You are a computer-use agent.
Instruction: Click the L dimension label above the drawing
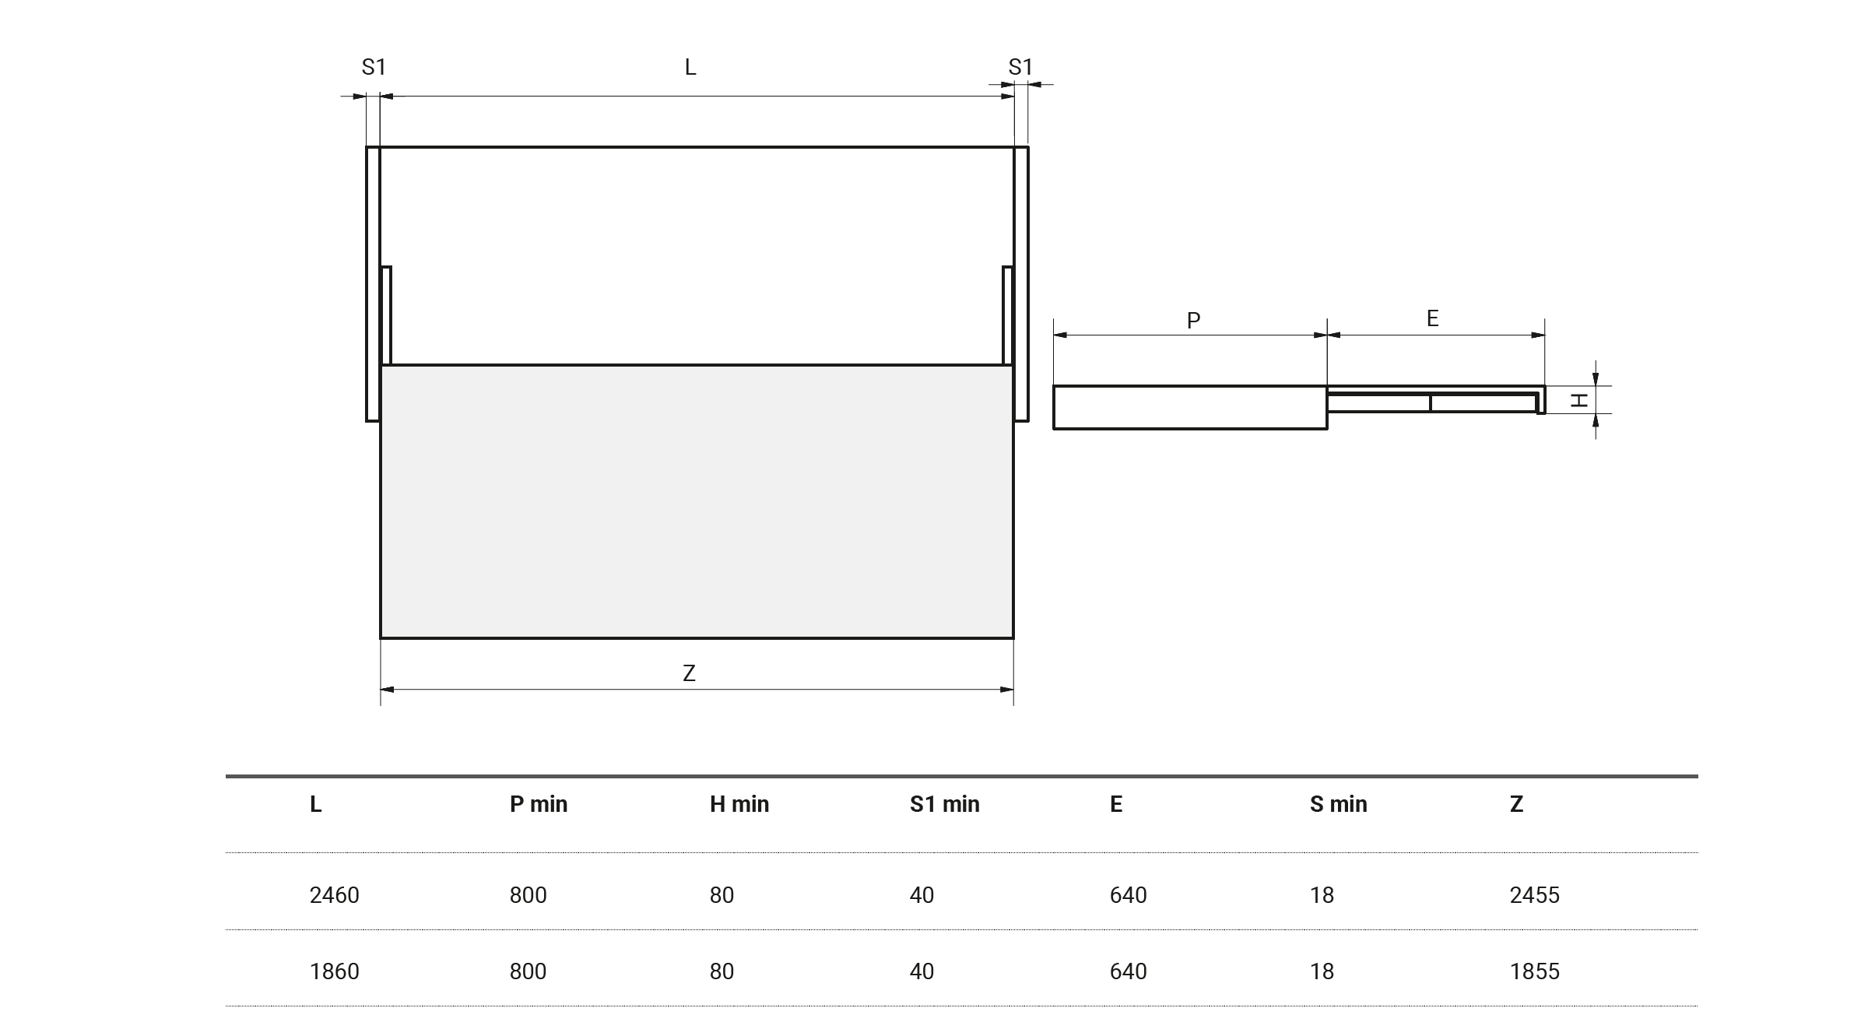tap(690, 68)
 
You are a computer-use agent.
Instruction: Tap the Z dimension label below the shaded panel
tap(689, 673)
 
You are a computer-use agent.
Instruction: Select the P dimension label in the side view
tap(1193, 320)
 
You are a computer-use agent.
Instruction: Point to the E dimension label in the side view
tap(1432, 318)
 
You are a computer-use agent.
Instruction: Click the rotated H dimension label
tap(1578, 400)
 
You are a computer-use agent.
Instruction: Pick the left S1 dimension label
tap(374, 68)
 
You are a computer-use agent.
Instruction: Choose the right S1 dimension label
tap(1020, 68)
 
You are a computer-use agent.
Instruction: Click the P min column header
tap(539, 804)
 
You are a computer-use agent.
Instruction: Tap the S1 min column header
tap(944, 804)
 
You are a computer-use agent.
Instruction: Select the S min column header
tap(1338, 804)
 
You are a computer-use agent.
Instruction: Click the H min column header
tap(739, 804)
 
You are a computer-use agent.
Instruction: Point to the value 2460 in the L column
tap(335, 895)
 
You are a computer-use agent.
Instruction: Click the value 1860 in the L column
tap(335, 971)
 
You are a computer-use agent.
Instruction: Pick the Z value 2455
tap(1535, 895)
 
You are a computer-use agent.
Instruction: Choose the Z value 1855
tap(1535, 971)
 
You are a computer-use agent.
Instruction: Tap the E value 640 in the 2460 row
tap(1129, 895)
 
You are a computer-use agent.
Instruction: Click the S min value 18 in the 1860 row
tap(1322, 971)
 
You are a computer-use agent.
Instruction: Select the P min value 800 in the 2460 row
tap(528, 895)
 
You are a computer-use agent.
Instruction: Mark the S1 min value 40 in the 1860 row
tap(922, 971)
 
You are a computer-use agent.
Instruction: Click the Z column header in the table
tap(1516, 804)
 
